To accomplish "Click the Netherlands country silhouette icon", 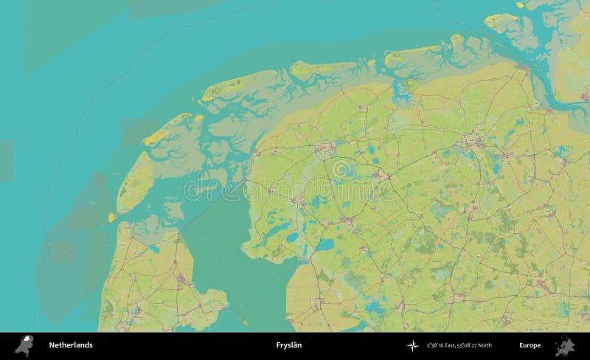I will pyautogui.click(x=24, y=345).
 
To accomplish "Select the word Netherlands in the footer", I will pyautogui.click(x=71, y=345).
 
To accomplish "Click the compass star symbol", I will pyautogui.click(x=412, y=345).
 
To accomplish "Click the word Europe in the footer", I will pyautogui.click(x=530, y=345).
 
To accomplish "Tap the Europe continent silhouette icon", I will pyautogui.click(x=564, y=345).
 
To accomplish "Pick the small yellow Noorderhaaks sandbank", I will pyautogui.click(x=112, y=218).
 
